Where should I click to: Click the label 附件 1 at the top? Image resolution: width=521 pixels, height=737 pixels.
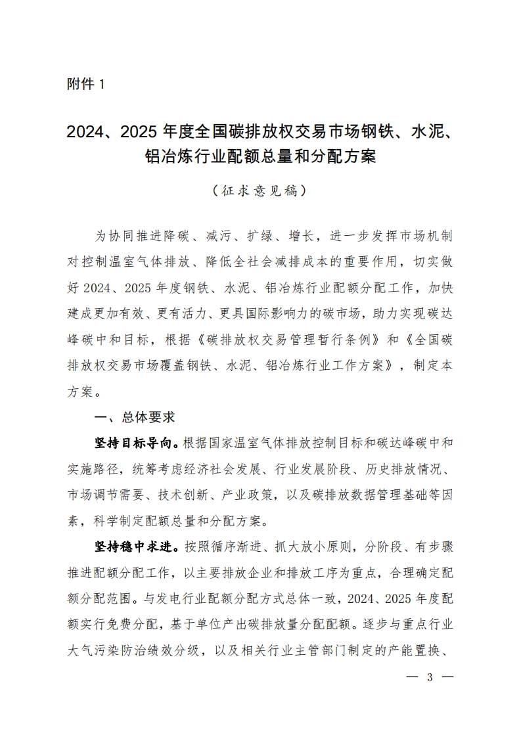pos(85,85)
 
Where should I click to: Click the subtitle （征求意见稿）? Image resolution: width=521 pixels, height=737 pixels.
pos(260,191)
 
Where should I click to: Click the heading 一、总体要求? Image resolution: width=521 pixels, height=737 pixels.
pos(134,416)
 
